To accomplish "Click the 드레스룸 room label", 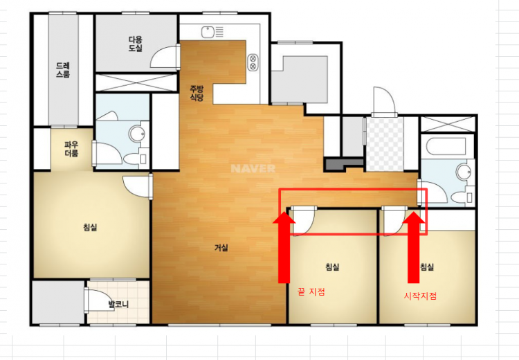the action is (x=63, y=70).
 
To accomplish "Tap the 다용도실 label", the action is (x=136, y=44).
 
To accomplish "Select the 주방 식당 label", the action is (x=197, y=93).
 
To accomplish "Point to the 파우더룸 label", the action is (x=71, y=149).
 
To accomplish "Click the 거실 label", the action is (x=221, y=247).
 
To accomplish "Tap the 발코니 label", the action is (x=118, y=304).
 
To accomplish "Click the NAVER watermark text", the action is (x=253, y=168).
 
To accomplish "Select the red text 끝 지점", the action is (x=311, y=291).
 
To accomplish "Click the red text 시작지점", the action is (x=420, y=296).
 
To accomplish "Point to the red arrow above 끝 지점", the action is (x=284, y=248).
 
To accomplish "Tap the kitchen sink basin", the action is (x=208, y=32).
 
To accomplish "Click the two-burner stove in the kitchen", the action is (x=253, y=62).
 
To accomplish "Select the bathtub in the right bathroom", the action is (x=446, y=146).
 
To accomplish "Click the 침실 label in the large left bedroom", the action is (x=90, y=228).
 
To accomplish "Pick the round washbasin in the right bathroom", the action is (x=464, y=172).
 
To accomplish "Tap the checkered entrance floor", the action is (x=385, y=144).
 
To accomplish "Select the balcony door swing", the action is (x=100, y=300).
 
